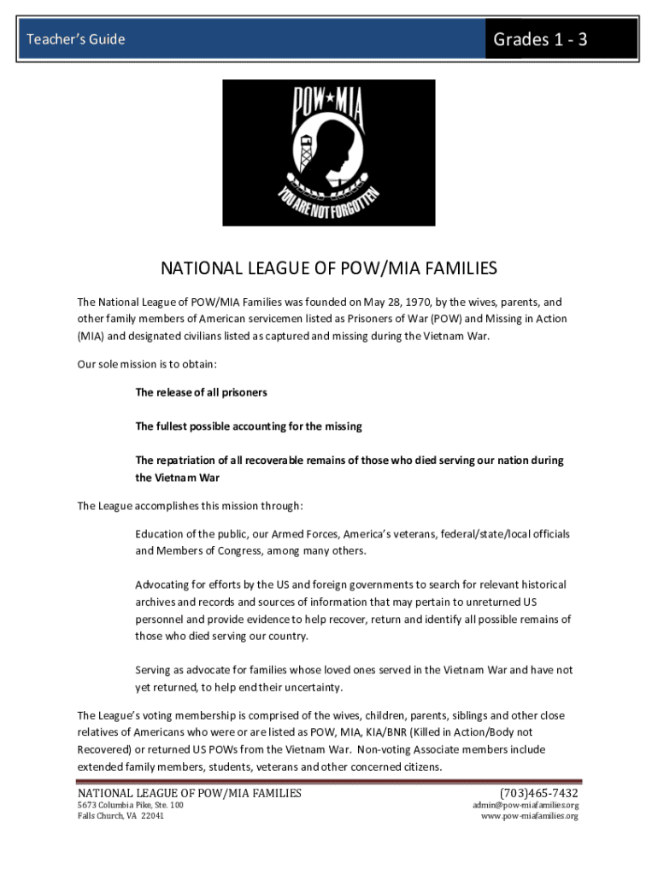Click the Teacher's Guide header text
pos(76,39)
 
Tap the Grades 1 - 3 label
pos(540,39)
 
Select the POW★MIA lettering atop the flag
pos(329,103)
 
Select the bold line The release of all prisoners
pos(201,392)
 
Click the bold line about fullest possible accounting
pos(249,426)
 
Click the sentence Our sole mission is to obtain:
pos(147,364)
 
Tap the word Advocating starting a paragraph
pos(166,584)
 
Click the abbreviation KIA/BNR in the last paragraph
pos(390,732)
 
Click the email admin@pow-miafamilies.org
pos(526,805)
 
